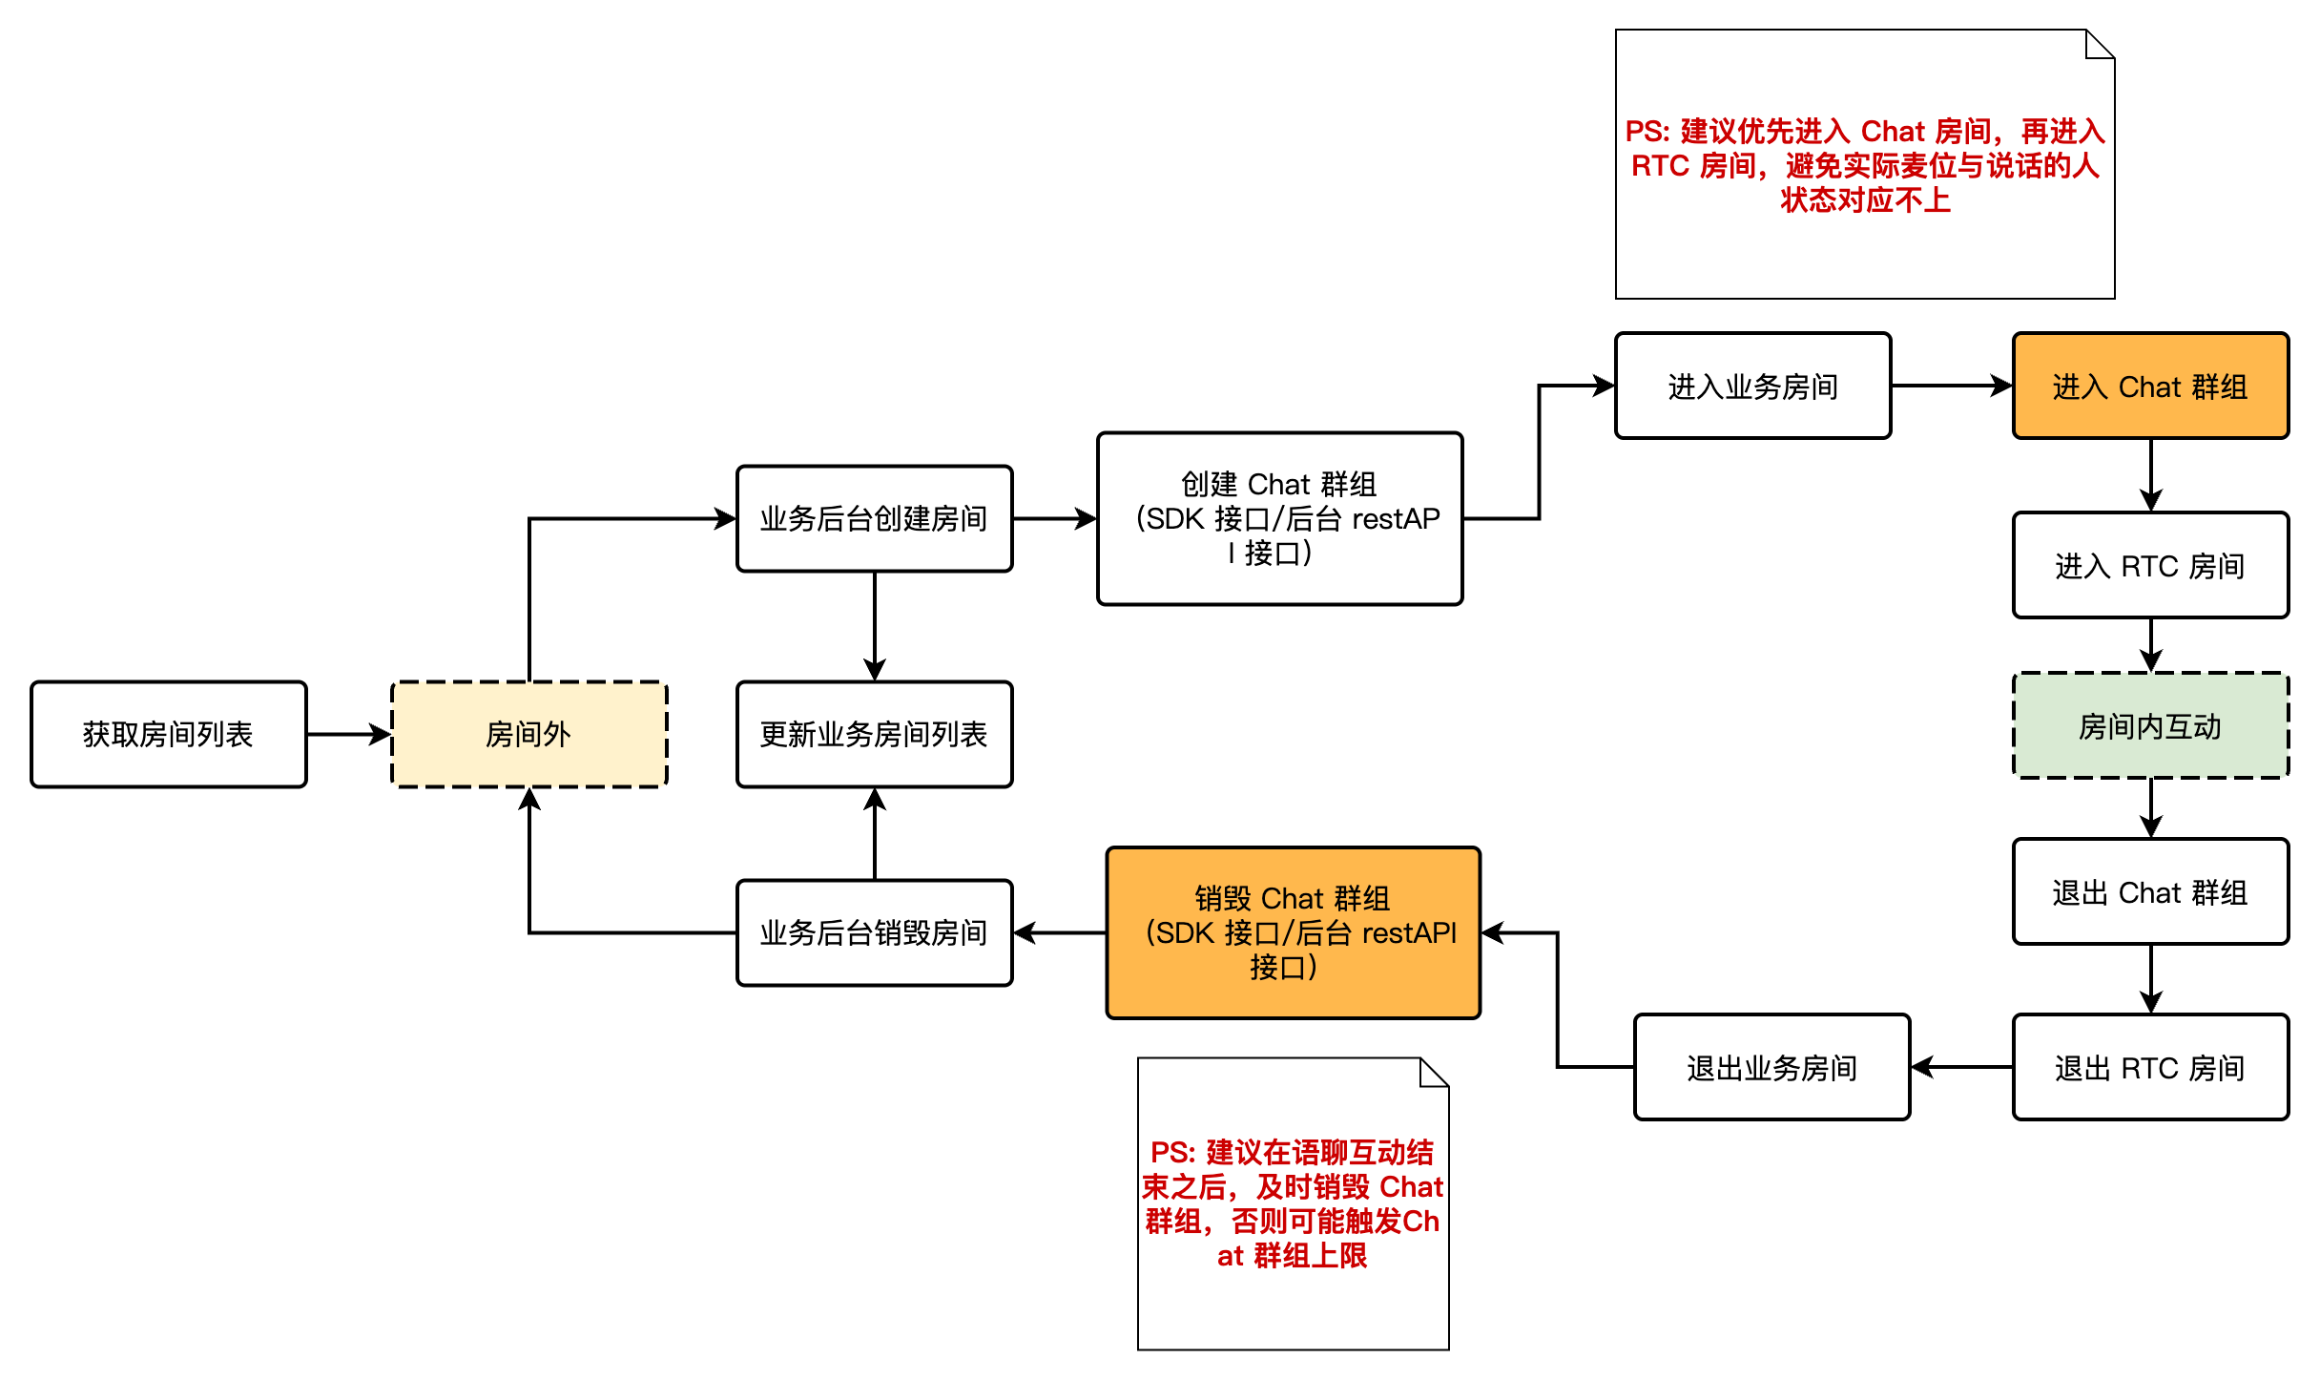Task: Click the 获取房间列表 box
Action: [x=168, y=734]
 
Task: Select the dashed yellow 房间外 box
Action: [x=528, y=734]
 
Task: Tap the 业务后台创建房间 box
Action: [x=874, y=518]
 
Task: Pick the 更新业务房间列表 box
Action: [x=874, y=734]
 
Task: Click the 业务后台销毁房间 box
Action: [x=874, y=932]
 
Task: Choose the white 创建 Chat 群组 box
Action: [x=1279, y=518]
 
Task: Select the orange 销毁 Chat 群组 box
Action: [x=1293, y=932]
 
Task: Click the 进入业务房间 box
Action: [x=1752, y=387]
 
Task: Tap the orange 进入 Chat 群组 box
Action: [x=2150, y=387]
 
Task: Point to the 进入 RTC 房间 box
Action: [x=2150, y=566]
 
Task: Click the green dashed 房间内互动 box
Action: [x=2150, y=726]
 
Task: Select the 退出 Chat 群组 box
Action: [x=2150, y=892]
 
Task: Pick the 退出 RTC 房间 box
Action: [x=2150, y=1068]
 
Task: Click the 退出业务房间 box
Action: [x=1771, y=1068]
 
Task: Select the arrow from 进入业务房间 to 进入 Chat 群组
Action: [x=1952, y=387]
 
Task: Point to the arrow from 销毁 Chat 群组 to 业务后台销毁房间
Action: [x=1059, y=932]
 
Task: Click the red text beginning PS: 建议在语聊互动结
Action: [x=1293, y=1203]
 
